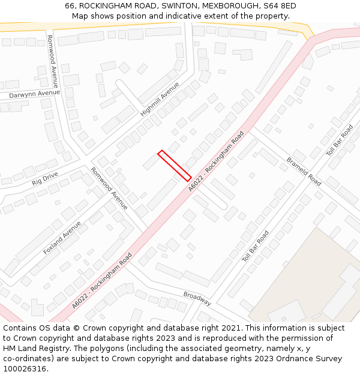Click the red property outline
[175, 166]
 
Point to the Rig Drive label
[45, 178]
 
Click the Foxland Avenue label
[62, 238]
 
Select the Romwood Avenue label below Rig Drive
[109, 188]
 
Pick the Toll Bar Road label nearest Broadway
[256, 246]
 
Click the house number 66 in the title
[70, 5]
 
